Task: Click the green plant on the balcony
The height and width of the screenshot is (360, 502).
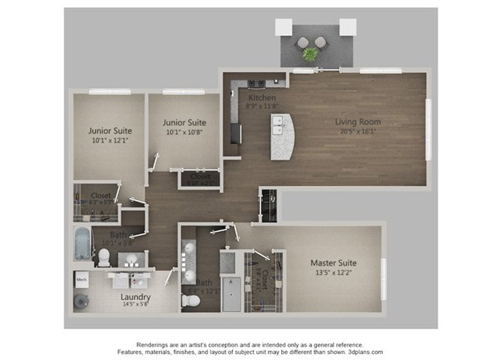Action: pyautogui.click(x=309, y=53)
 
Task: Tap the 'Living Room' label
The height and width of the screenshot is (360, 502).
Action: pyautogui.click(x=357, y=121)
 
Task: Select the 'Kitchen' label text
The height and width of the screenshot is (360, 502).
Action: pyautogui.click(x=261, y=98)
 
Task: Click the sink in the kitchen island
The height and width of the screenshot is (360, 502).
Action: pyautogui.click(x=277, y=130)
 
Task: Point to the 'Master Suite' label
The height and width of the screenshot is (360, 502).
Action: pyautogui.click(x=333, y=263)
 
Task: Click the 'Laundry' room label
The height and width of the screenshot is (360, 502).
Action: pyautogui.click(x=136, y=296)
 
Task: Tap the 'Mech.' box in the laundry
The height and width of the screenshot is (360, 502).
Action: pyautogui.click(x=82, y=280)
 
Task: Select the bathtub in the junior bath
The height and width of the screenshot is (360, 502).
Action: pyautogui.click(x=82, y=242)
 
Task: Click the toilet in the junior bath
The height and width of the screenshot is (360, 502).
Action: pyautogui.click(x=104, y=257)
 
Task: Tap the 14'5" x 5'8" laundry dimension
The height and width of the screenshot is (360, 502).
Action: pyautogui.click(x=136, y=305)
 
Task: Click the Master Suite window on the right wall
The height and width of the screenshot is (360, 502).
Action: pyautogui.click(x=383, y=267)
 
